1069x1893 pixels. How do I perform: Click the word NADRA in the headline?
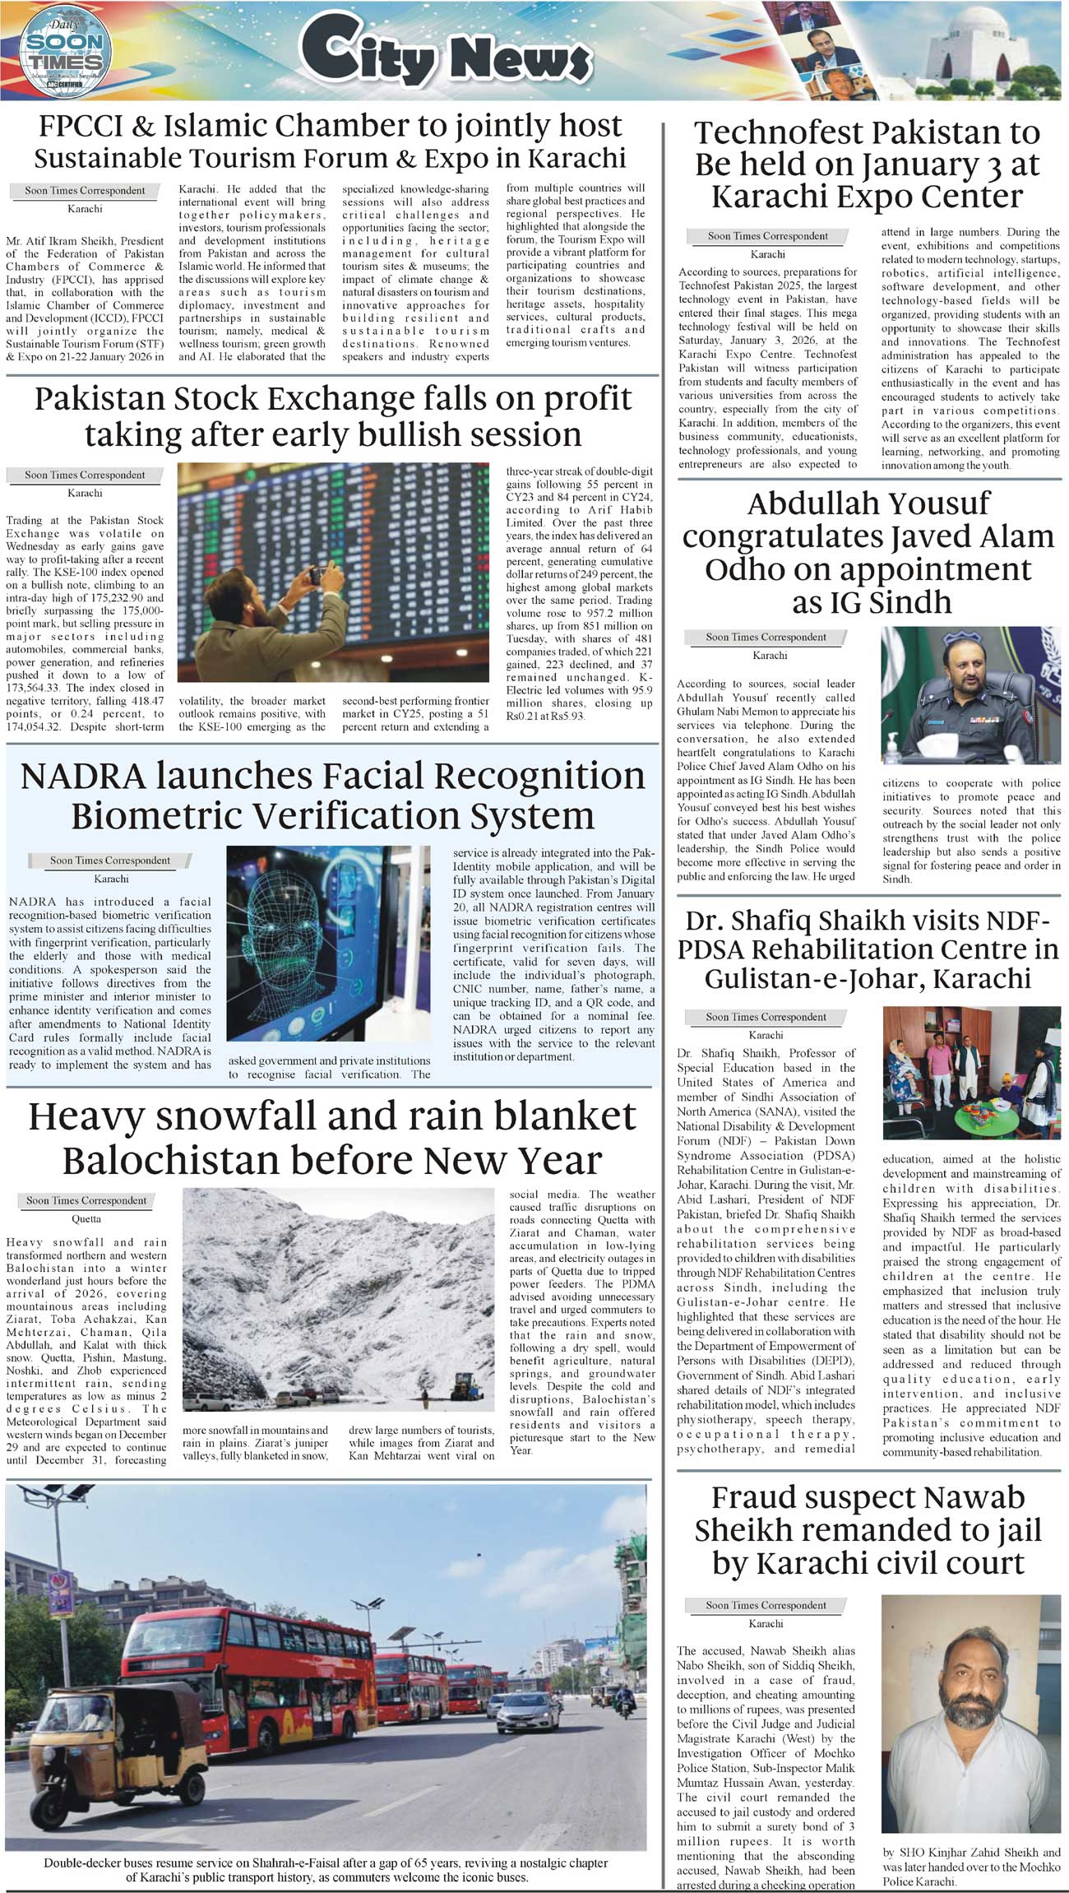(x=82, y=777)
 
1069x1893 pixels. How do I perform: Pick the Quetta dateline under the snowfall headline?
(x=86, y=1218)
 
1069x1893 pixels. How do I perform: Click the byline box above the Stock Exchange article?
(x=85, y=475)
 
